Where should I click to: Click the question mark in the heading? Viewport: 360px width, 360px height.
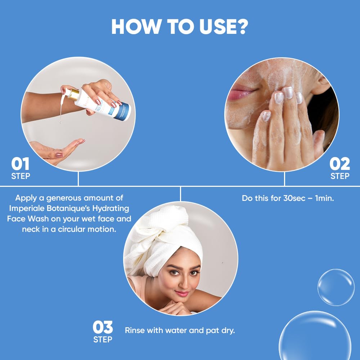tap(240, 27)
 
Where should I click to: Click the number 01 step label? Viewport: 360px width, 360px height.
tap(21, 164)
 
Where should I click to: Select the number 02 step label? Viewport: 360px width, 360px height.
tap(340, 164)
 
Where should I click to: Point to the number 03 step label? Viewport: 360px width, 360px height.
tap(103, 327)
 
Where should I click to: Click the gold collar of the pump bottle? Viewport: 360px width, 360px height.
tap(74, 95)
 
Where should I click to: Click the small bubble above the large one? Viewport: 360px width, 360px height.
tap(336, 287)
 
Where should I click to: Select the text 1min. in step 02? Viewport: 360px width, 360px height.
tap(324, 198)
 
